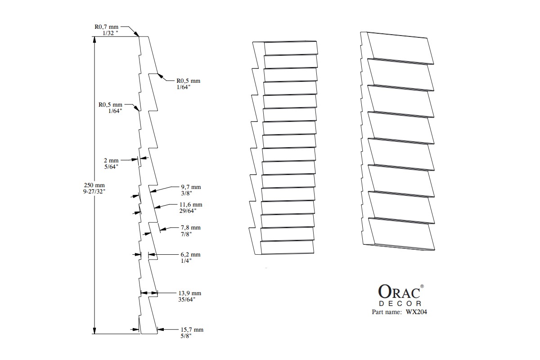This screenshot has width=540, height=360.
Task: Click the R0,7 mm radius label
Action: (x=106, y=27)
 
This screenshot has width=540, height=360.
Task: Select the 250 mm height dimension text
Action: (x=94, y=185)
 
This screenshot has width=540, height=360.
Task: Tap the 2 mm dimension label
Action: (x=111, y=161)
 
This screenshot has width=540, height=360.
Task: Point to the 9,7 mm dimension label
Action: (x=191, y=187)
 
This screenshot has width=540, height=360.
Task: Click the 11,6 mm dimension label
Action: (x=191, y=205)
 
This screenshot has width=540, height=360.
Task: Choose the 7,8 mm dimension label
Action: (x=191, y=228)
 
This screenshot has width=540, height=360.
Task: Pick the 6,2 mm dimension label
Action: (x=191, y=255)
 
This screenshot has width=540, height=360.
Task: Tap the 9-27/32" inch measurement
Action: (x=94, y=192)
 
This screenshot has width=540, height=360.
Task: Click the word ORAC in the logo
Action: (x=398, y=292)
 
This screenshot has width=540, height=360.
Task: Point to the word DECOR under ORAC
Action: (x=400, y=304)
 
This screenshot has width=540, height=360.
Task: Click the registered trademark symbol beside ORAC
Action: (x=422, y=286)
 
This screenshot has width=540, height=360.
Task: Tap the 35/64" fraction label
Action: (x=186, y=299)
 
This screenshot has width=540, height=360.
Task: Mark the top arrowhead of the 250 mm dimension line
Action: (x=94, y=40)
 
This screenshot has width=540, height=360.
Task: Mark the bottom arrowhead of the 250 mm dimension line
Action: (x=94, y=331)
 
